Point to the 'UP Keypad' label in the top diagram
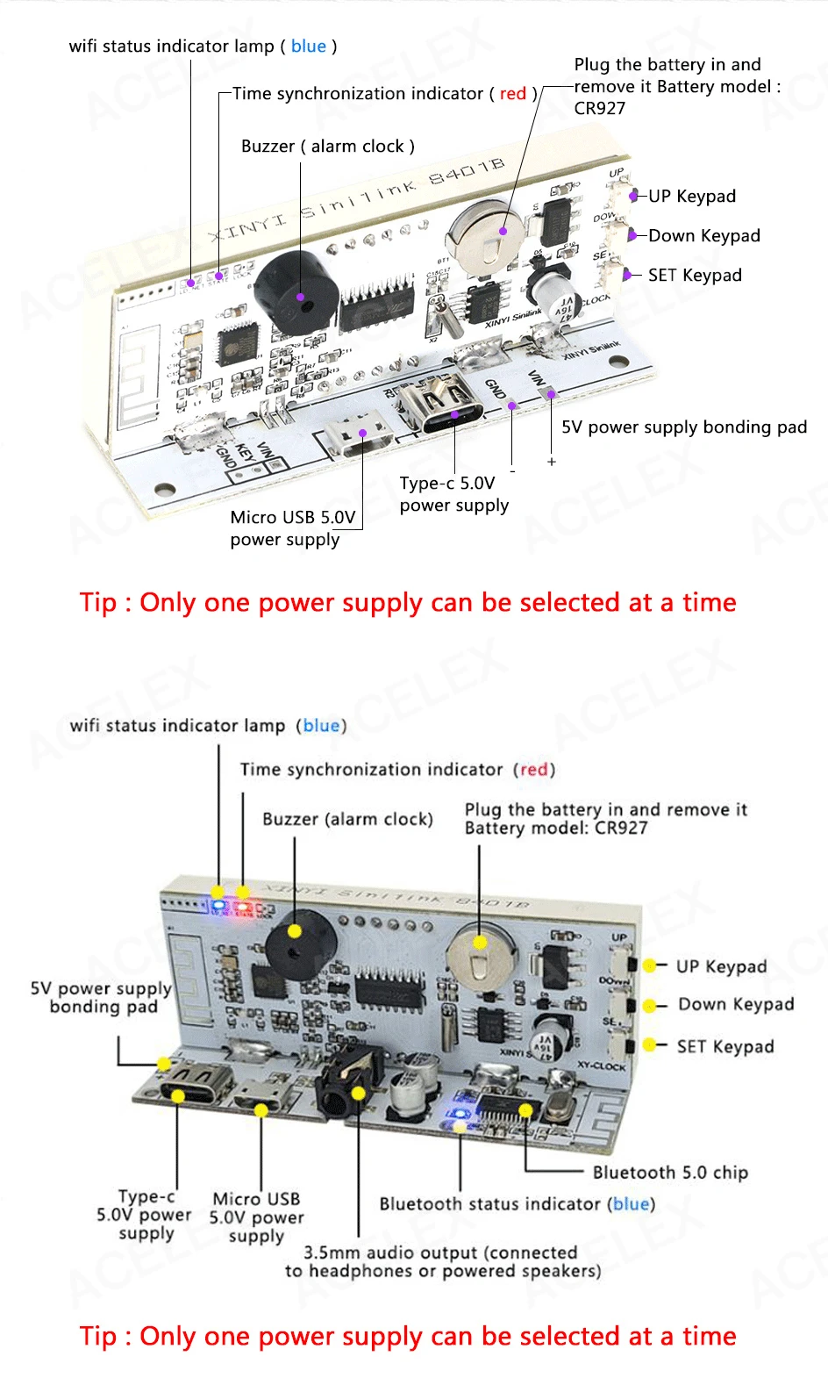pyautogui.click(x=691, y=196)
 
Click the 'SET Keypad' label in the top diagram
pyautogui.click(x=695, y=276)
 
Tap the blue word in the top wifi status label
pyautogui.click(x=309, y=47)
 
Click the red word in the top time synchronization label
pyautogui.click(x=513, y=94)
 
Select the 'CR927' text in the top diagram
pyautogui.click(x=600, y=109)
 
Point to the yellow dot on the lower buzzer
pyautogui.click(x=295, y=931)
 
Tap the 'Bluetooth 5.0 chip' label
pyautogui.click(x=670, y=1173)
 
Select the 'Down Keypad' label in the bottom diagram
pyautogui.click(x=736, y=1005)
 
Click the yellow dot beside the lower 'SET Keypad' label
pyautogui.click(x=650, y=1044)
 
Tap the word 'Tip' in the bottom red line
pyautogui.click(x=97, y=1337)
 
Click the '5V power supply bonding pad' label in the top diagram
pyautogui.click(x=684, y=427)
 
